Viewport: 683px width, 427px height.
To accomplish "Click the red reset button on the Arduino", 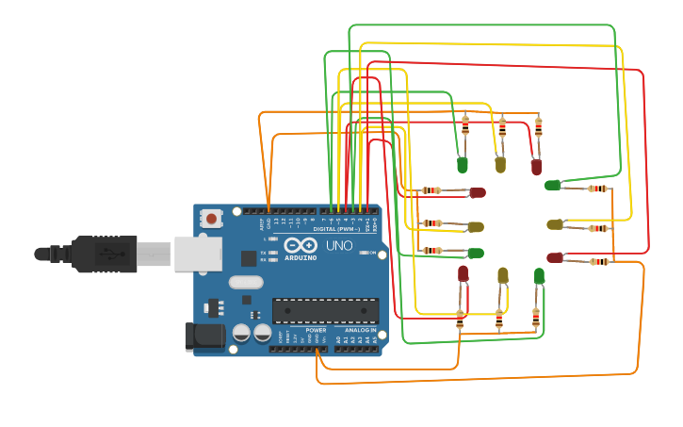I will [211, 219].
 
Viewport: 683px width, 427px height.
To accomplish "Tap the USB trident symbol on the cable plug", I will [111, 253].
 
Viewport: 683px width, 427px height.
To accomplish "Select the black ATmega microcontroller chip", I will [325, 310].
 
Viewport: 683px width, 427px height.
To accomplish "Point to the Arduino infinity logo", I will [301, 245].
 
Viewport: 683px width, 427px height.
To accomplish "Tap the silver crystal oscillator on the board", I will [245, 281].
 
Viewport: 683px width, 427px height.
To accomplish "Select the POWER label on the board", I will [316, 331].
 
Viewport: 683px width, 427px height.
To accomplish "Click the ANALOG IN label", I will [359, 331].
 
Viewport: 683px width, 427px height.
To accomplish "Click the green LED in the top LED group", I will [463, 165].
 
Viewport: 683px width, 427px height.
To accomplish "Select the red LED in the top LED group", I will [536, 167].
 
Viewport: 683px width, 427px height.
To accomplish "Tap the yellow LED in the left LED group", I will [476, 226].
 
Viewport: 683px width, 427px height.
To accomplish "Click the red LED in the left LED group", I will [478, 192].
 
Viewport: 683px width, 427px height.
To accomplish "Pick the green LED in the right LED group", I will [552, 185].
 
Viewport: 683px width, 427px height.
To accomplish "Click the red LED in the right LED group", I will [554, 257].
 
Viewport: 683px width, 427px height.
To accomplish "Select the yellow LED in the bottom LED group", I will [502, 275].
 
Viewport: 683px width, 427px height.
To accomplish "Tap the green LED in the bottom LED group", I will [539, 275].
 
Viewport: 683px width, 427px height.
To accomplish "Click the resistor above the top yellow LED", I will [502, 126].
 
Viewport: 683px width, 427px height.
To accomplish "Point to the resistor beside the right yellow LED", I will [597, 227].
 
